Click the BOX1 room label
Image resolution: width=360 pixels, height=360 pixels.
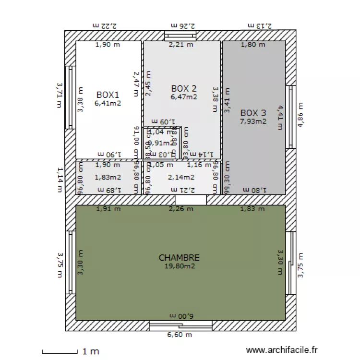107,95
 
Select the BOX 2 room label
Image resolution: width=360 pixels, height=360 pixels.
184,88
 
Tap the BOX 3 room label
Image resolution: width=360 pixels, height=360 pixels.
253,113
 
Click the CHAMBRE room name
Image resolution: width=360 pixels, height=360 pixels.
179,258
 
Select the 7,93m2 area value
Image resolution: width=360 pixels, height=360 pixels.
253,121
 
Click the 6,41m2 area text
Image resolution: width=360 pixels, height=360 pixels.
107,102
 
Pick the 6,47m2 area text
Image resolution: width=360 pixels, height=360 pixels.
184,96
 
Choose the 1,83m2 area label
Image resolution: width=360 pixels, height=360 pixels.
108,177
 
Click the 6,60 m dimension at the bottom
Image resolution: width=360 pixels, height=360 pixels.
180,335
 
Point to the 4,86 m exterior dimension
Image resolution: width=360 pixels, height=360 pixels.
301,114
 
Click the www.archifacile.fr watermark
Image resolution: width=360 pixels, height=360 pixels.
281,351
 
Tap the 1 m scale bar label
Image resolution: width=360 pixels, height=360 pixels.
91,351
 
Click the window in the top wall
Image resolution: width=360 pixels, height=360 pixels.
180,36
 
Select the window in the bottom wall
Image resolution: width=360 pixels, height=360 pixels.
180,326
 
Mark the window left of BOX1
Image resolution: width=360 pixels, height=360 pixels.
71,97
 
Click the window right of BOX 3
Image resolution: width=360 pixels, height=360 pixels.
290,117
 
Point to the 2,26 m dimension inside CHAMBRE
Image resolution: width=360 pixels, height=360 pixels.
181,209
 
